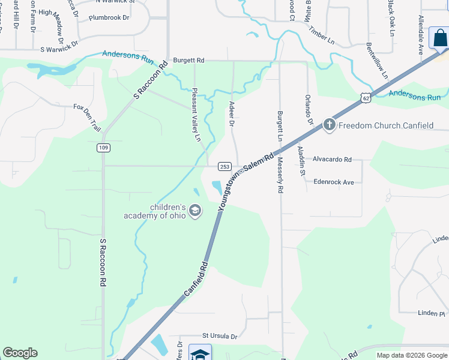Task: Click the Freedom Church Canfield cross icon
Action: [x=329, y=125]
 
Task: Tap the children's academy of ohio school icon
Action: [x=194, y=211]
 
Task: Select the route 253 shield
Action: [x=224, y=166]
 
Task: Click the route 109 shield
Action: [x=102, y=147]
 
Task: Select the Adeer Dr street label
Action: [x=231, y=113]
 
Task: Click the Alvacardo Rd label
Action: [x=332, y=160]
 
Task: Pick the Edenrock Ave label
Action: [x=334, y=182]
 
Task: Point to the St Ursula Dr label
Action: [x=220, y=337]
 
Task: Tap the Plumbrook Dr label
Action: [x=109, y=18]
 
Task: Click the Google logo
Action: [x=20, y=353]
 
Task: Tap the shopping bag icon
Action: [x=440, y=37]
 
